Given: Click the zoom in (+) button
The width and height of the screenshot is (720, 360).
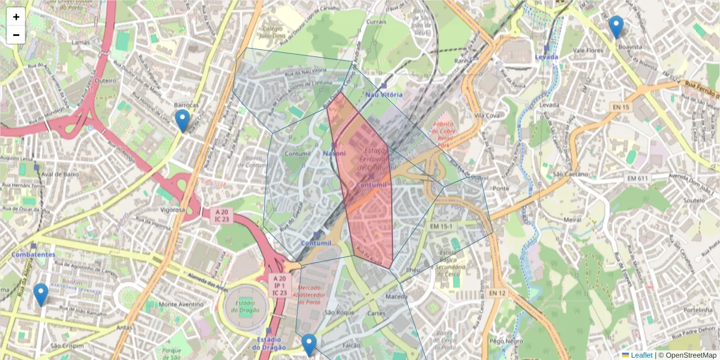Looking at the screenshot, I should coord(16,17).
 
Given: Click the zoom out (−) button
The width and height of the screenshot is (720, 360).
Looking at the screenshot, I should coord(16,35).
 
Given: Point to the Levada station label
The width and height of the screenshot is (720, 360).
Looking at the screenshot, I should coord(546,56).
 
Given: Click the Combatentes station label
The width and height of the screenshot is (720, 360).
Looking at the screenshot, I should coord(33,254).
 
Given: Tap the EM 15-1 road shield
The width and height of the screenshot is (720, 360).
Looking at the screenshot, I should coord(442,226).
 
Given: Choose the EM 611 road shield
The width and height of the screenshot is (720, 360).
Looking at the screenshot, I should coord(638,178).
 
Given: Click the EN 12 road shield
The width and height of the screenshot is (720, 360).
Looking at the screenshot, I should coord(497,293).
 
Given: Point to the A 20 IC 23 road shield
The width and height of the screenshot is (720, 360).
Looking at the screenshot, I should coord(223,215).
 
